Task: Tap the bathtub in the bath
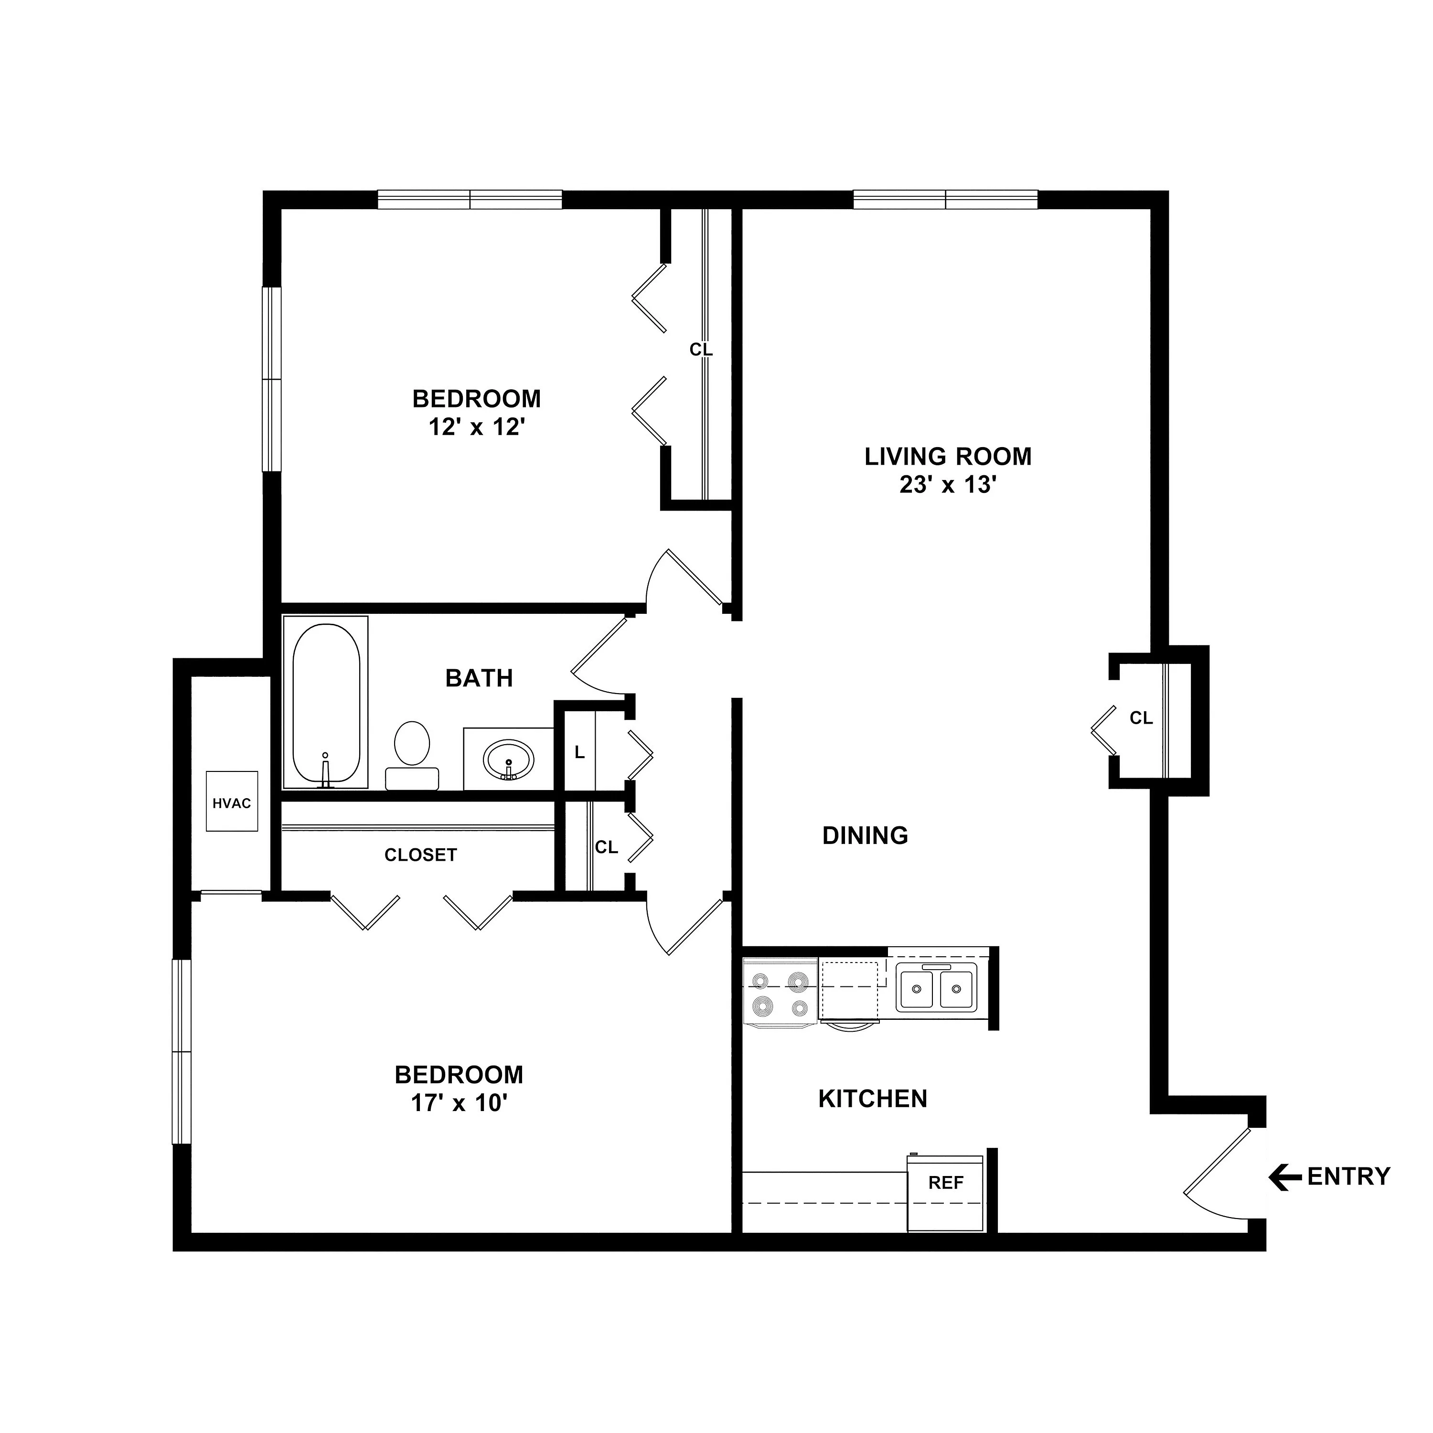click(x=326, y=702)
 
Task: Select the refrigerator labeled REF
click(x=946, y=1193)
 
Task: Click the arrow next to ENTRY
click(x=1284, y=1176)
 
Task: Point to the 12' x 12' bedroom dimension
click(x=477, y=427)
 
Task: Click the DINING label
click(x=865, y=835)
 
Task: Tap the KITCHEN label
click(x=872, y=1099)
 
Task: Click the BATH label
click(x=479, y=678)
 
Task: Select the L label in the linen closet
click(x=579, y=752)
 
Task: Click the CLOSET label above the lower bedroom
click(x=420, y=855)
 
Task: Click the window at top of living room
click(x=945, y=200)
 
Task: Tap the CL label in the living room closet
click(x=1141, y=718)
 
